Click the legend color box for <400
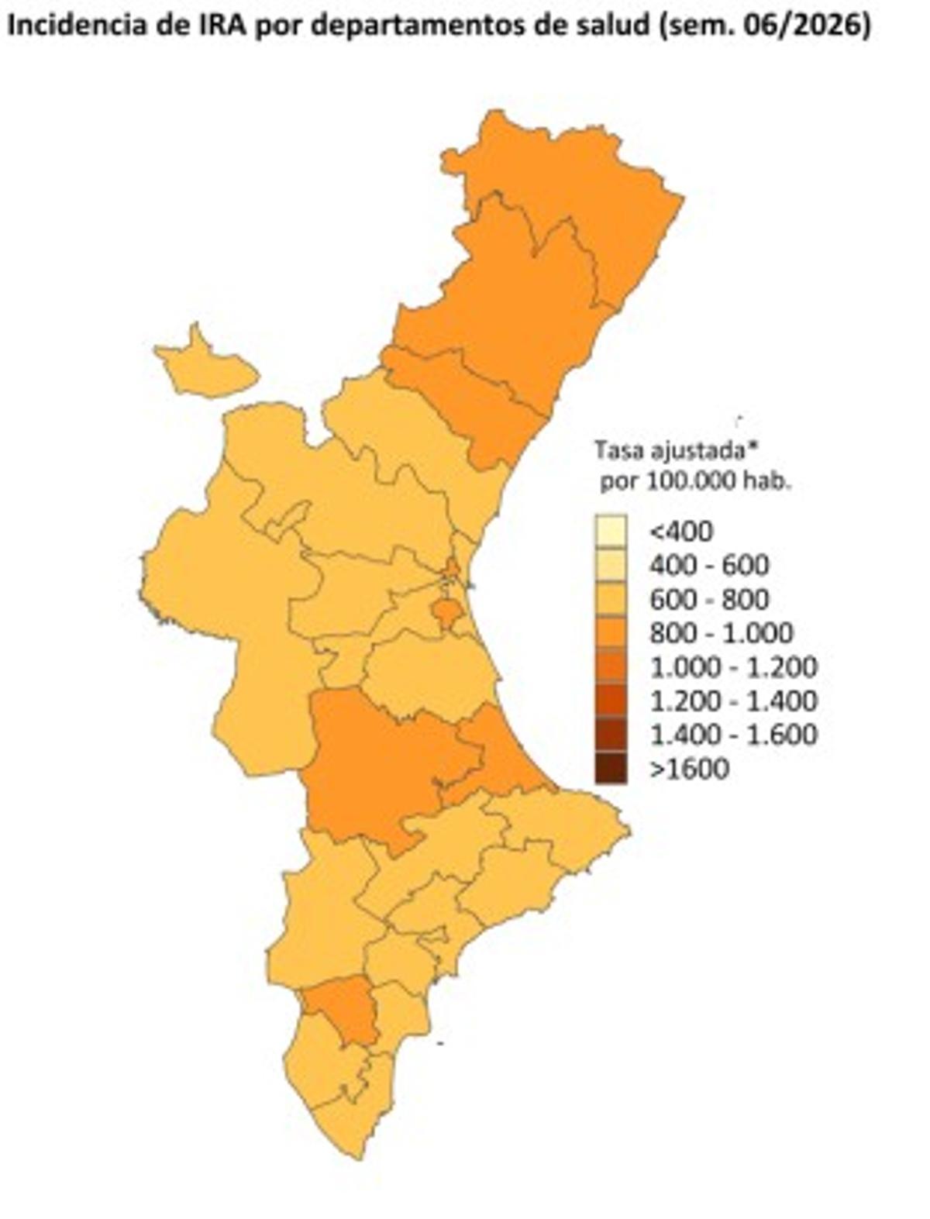pyautogui.click(x=610, y=531)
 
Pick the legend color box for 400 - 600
pyautogui.click(x=610, y=565)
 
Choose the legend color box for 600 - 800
pyautogui.click(x=610, y=599)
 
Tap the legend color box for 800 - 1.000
pyautogui.click(x=610, y=633)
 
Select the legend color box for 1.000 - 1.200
pyautogui.click(x=610, y=667)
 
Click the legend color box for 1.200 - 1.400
pyautogui.click(x=610, y=701)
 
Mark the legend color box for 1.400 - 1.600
pyautogui.click(x=610, y=735)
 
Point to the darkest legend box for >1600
pyautogui.click(x=610, y=769)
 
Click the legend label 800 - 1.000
pyautogui.click(x=721, y=633)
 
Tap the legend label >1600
pyautogui.click(x=689, y=769)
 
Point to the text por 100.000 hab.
pyautogui.click(x=694, y=481)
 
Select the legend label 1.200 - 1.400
pyautogui.click(x=733, y=701)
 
